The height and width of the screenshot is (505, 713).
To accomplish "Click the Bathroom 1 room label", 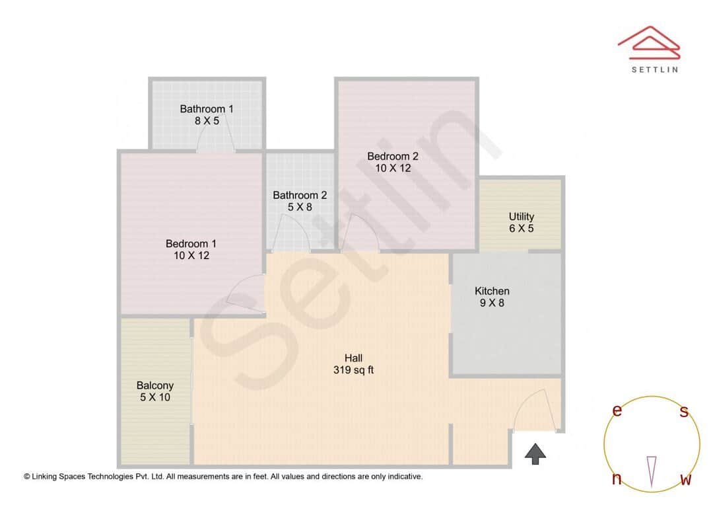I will [207, 108].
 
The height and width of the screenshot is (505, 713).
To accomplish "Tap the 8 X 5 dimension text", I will [207, 121].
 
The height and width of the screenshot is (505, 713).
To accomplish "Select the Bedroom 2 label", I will [393, 156].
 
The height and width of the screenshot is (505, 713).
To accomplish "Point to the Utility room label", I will [521, 216].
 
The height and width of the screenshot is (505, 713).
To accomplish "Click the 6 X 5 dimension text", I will [521, 229].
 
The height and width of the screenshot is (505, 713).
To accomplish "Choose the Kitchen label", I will [492, 291].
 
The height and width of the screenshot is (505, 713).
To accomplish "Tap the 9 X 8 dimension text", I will [492, 303].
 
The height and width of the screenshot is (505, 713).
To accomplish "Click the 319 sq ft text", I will [353, 370].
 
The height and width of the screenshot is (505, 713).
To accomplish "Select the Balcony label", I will [155, 385].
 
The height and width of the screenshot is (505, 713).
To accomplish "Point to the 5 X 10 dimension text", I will [155, 397].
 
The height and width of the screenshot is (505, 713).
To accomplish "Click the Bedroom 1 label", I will [191, 243].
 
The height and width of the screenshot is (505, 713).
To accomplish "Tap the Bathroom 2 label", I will [300, 195].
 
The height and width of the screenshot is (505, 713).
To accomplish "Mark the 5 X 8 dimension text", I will [300, 207].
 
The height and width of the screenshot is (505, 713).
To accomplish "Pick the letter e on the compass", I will [617, 410].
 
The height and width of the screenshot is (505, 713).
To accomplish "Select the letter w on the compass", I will [686, 479].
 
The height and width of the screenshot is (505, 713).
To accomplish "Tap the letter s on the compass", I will [684, 412].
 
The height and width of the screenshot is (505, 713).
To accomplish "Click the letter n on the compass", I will [617, 479].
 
